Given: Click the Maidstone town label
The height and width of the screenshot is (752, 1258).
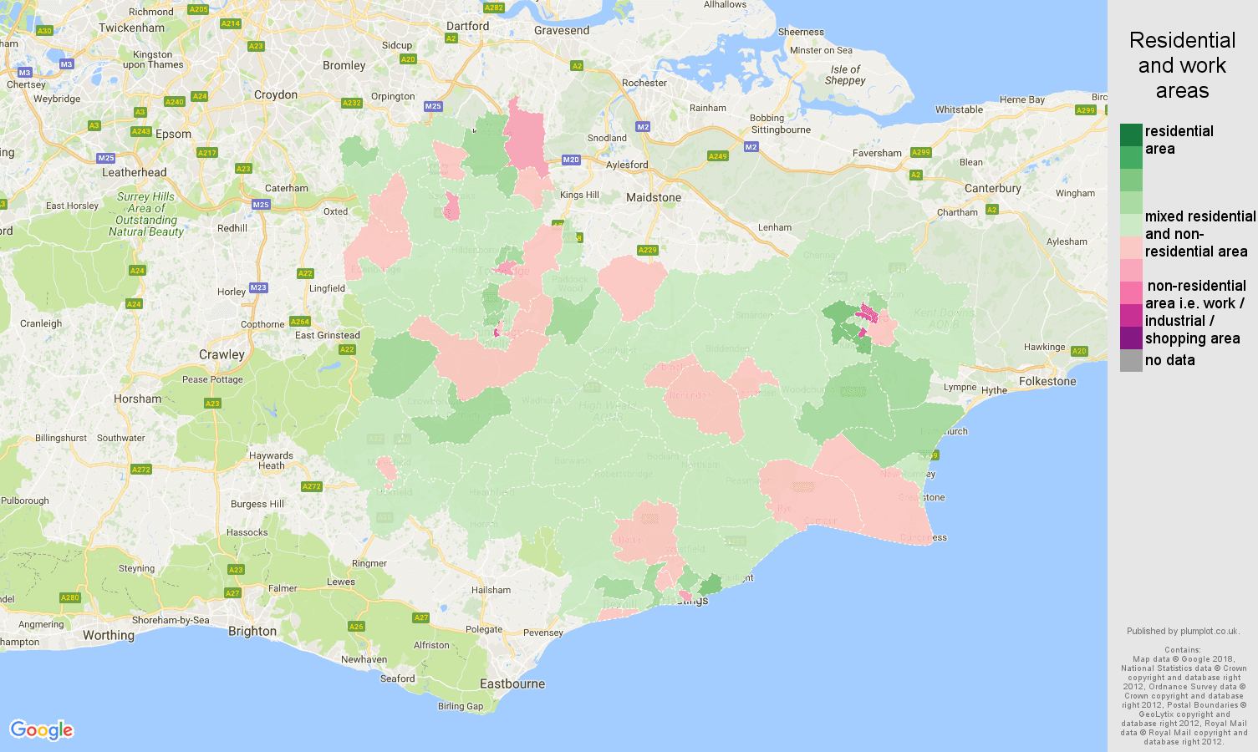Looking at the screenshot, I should tap(654, 198).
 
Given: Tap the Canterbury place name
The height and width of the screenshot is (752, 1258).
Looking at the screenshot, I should tap(992, 189).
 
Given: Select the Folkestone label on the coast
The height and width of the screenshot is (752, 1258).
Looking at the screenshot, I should tap(1047, 382).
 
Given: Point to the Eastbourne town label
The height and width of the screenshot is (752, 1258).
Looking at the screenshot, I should tap(512, 684).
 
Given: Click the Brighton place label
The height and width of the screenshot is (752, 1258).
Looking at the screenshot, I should tap(252, 632).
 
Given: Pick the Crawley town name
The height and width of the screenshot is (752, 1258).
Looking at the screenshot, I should tap(222, 355).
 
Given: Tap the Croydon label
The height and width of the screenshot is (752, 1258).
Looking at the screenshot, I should tap(276, 95).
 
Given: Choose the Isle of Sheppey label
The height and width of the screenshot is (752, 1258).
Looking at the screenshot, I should tap(845, 75).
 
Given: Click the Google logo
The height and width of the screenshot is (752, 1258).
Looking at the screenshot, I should tap(42, 730).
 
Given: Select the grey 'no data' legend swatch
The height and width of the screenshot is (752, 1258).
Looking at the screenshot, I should tap(1131, 361).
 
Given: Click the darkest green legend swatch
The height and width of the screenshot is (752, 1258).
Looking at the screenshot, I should tap(1131, 135).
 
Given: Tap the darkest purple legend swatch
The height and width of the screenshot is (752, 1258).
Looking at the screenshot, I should tap(1131, 338).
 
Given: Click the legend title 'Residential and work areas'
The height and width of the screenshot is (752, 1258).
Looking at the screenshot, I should tap(1182, 65).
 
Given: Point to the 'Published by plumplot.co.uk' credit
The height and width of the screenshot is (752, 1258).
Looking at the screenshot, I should tap(1182, 632).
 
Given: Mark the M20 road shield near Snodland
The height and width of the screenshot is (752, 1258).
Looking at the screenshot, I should tap(571, 160).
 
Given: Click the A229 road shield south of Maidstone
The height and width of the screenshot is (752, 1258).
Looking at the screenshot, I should tap(647, 250).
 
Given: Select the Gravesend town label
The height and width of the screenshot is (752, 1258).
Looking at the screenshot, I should tap(562, 31).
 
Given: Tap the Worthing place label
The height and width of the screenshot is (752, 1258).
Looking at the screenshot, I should tap(109, 635).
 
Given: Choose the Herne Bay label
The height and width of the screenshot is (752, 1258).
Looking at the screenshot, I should tap(1021, 100).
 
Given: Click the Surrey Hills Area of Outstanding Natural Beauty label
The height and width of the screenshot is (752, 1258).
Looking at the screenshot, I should tap(146, 214).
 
